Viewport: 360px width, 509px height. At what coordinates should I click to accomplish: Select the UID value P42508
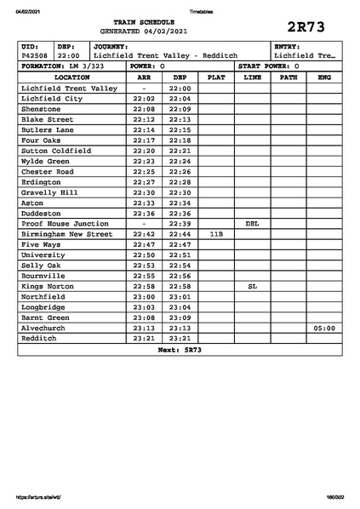pyautogui.click(x=35, y=55)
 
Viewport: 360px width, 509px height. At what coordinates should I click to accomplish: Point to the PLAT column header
pyautogui.click(x=216, y=77)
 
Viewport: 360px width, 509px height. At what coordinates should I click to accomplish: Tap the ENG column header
pyautogui.click(x=323, y=77)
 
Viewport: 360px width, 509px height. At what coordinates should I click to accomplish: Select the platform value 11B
pyautogui.click(x=216, y=234)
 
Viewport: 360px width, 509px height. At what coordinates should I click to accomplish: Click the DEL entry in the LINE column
pyautogui.click(x=252, y=224)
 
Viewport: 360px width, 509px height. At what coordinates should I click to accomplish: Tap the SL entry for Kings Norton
pyautogui.click(x=252, y=286)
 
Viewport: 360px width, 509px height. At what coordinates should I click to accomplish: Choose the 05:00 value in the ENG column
pyautogui.click(x=323, y=328)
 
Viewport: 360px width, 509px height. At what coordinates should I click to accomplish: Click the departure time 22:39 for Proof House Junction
pyautogui.click(x=180, y=224)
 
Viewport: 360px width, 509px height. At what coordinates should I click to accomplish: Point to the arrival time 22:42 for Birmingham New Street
pyautogui.click(x=144, y=234)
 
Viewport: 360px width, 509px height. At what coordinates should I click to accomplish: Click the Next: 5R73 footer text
pyautogui.click(x=180, y=349)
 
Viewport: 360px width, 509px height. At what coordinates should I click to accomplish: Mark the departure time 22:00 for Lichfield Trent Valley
pyautogui.click(x=180, y=89)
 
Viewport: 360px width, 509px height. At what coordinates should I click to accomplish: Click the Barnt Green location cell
pyautogui.click(x=46, y=317)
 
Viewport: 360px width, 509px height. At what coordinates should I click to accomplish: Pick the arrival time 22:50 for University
pyautogui.click(x=144, y=255)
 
